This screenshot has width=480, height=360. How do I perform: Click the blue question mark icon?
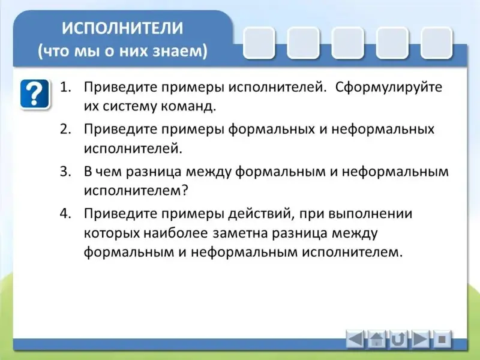35,94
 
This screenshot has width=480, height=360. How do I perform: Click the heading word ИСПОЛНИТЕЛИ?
122,28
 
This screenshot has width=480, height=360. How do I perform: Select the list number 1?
65,87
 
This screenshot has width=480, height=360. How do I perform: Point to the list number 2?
65,129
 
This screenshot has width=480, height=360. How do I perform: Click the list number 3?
65,172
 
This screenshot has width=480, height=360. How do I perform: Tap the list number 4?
65,214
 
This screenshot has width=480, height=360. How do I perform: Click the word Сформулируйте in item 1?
389,88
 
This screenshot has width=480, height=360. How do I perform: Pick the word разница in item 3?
154,172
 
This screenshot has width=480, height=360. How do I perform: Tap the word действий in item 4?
261,214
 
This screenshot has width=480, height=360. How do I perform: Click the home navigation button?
377,339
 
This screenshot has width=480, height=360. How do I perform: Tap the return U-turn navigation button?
398,339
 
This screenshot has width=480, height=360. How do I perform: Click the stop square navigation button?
442,339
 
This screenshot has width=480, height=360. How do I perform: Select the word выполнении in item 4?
370,214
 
